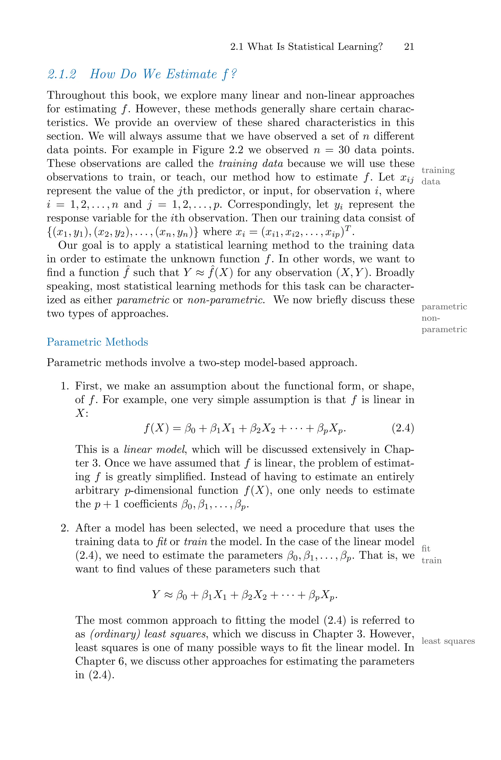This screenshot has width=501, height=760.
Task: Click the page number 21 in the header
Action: tap(409, 47)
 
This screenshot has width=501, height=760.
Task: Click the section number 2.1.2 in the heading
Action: tap(62, 74)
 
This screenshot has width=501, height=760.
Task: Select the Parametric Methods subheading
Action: tap(97, 342)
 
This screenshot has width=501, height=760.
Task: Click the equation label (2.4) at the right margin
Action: tap(403, 428)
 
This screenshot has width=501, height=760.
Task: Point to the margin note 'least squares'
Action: tap(448, 641)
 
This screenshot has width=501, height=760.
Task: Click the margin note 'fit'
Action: tap(426, 549)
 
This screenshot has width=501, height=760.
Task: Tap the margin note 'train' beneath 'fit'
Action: tap(431, 560)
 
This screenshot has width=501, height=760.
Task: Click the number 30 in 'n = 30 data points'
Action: tap(344, 150)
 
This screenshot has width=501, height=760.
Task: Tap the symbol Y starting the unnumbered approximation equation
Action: tap(156, 595)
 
